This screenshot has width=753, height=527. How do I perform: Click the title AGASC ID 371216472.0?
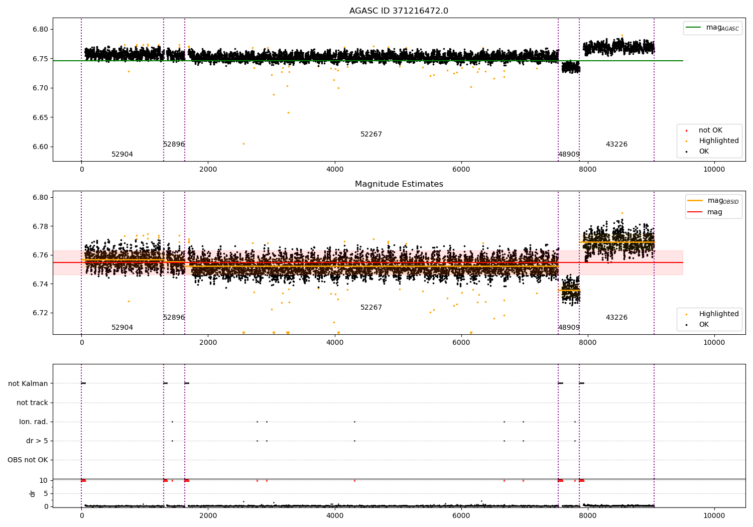(x=399, y=11)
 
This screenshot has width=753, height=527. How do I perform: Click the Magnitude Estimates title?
(x=399, y=184)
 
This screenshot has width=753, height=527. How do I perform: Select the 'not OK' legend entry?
(x=710, y=130)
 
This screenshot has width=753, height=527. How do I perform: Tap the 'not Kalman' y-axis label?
(x=28, y=383)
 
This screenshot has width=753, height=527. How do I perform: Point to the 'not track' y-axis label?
(x=32, y=403)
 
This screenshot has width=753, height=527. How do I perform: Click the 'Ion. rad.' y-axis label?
(x=34, y=422)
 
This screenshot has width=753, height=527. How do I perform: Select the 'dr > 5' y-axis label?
(x=37, y=441)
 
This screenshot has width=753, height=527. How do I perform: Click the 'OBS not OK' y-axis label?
(x=28, y=460)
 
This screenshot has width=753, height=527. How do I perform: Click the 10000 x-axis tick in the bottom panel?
(x=714, y=515)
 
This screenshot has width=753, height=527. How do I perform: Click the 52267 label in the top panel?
(x=371, y=135)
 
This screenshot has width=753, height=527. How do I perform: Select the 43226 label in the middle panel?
(x=616, y=318)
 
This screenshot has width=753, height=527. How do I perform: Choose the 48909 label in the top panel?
(x=569, y=155)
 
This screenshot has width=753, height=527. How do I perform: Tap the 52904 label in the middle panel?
(x=122, y=328)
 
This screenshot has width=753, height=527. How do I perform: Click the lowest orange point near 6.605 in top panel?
(x=243, y=144)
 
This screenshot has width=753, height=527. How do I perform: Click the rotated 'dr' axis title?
(x=33, y=493)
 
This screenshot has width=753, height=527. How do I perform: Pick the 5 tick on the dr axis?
(x=46, y=493)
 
